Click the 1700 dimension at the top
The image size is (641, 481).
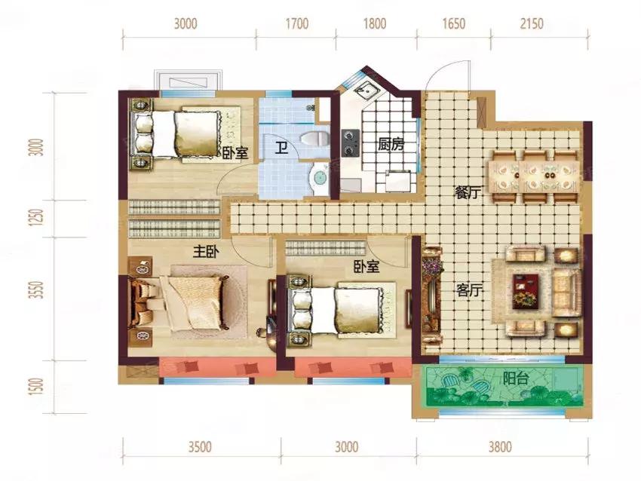point(297,23)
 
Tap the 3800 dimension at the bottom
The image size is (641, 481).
point(500,446)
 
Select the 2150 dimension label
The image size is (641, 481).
point(532,23)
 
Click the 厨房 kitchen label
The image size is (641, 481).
point(391,145)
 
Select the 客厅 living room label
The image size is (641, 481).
point(470,290)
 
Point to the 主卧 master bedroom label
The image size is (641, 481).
point(206,252)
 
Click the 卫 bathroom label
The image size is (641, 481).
point(281,147)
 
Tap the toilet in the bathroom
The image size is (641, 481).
point(314,138)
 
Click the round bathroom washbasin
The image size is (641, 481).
point(319,178)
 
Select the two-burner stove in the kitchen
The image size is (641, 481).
point(351,143)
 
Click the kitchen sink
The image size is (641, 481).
point(365,90)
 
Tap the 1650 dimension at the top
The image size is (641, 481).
point(454,23)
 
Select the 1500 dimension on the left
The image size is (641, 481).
point(37,386)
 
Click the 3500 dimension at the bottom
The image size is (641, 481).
point(200,446)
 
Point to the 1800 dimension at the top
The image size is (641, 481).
point(375,23)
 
